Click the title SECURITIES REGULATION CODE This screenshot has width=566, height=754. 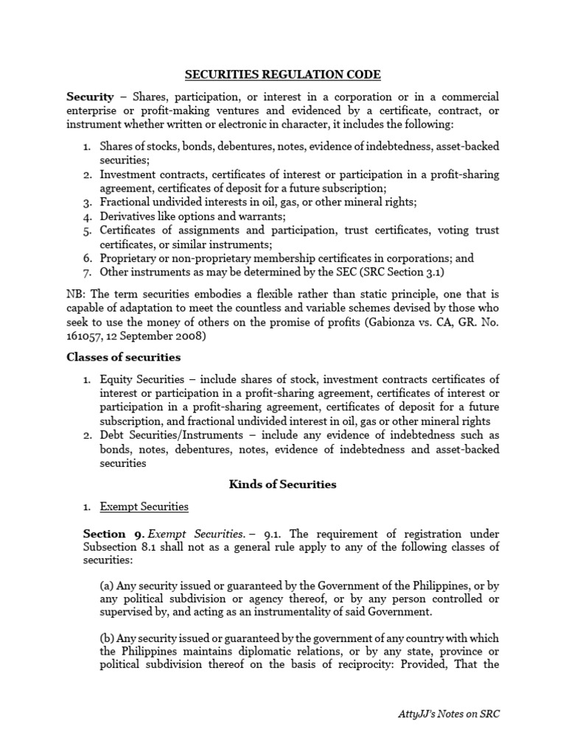point(283,74)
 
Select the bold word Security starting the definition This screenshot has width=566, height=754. point(90,96)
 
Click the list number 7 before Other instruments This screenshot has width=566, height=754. point(86,272)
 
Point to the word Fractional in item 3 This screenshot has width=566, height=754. point(127,202)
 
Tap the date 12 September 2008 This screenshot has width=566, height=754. point(170,337)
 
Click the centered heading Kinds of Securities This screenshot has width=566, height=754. point(282,485)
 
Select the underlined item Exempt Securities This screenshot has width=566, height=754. point(144,507)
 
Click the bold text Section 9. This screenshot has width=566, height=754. point(104,533)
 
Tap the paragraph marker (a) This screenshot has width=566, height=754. point(108,585)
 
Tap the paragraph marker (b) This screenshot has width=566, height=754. point(108,638)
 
